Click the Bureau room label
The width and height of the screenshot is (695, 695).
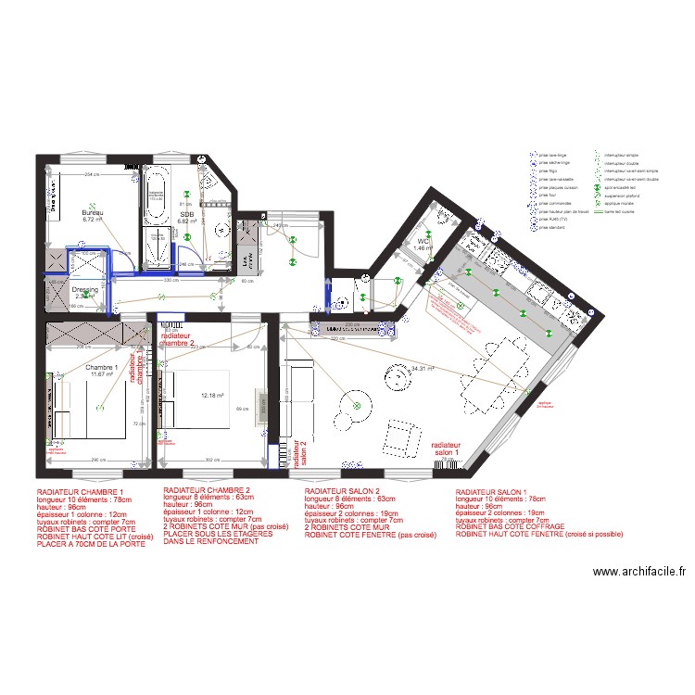coord(92,213)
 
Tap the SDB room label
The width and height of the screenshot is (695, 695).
coord(187,215)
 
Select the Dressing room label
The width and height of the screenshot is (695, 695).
coord(84,290)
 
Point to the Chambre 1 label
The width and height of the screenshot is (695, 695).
coord(102,368)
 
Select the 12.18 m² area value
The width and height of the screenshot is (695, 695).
coord(213,396)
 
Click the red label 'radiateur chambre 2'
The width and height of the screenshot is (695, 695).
coord(177,339)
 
